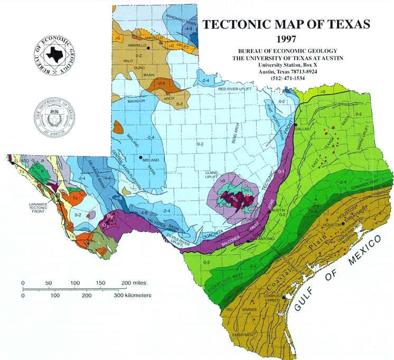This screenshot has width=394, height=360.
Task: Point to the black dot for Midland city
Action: [x=140, y=158]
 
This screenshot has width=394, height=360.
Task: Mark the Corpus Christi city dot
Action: [x=285, y=297]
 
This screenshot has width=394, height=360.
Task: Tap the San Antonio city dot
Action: [x=248, y=241]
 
